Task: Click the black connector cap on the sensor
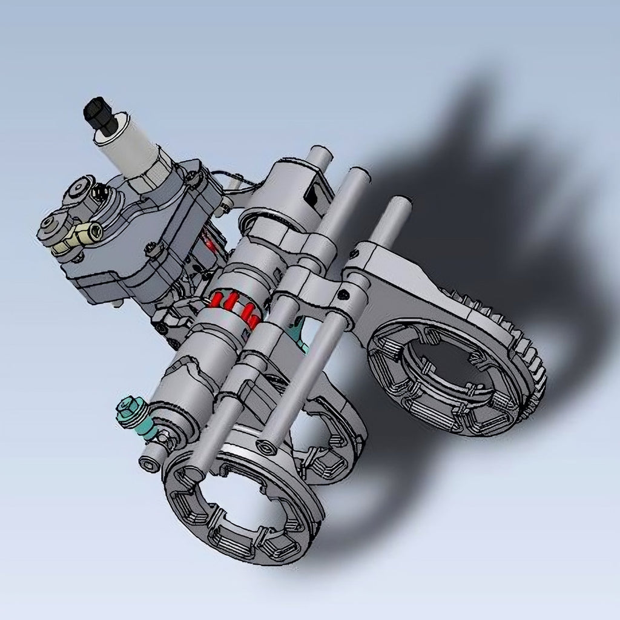click(x=100, y=116)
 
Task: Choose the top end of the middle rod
click(x=358, y=176)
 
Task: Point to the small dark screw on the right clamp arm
click(x=344, y=295)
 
